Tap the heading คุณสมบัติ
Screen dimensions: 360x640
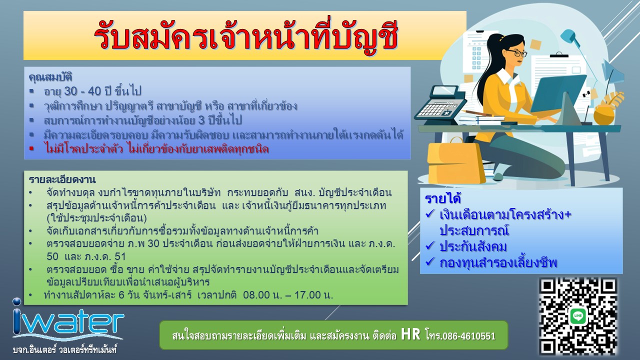coord(50,77)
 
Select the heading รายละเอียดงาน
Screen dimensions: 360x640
coord(62,179)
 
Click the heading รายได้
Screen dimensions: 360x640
coord(443,199)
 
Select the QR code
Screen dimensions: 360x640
coord(578,316)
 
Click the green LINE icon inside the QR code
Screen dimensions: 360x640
coord(578,316)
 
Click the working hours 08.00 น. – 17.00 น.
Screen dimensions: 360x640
coord(288,295)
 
